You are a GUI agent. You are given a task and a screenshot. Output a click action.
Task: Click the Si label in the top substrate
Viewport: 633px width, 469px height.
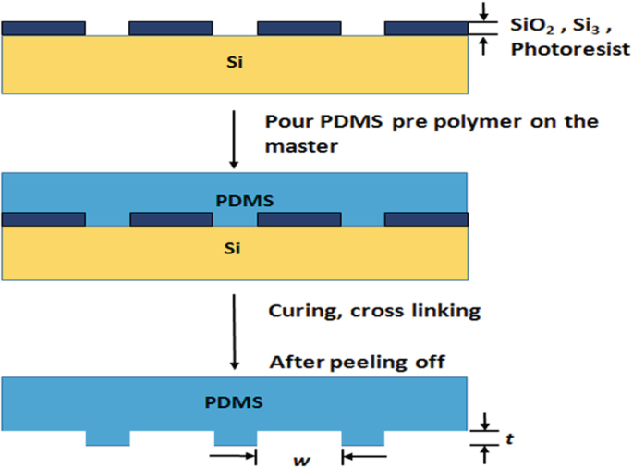pos(235,64)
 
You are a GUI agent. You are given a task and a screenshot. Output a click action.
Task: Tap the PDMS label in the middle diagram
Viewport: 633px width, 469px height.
pos(235,198)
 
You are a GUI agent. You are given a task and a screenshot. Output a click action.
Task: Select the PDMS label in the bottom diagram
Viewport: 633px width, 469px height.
pos(235,402)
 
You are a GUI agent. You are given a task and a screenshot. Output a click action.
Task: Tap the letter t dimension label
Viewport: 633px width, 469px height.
pos(509,438)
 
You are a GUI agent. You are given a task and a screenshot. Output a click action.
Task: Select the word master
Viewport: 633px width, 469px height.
pos(294,146)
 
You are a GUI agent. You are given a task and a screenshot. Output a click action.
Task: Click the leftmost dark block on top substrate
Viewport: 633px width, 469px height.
pos(44,29)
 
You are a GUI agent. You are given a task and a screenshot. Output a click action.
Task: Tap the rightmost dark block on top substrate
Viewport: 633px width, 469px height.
pos(426,29)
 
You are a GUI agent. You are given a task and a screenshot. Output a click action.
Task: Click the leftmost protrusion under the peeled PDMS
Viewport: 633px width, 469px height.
pos(107,438)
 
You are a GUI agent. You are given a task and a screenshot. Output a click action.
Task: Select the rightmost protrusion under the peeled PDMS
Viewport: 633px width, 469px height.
pos(362,438)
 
